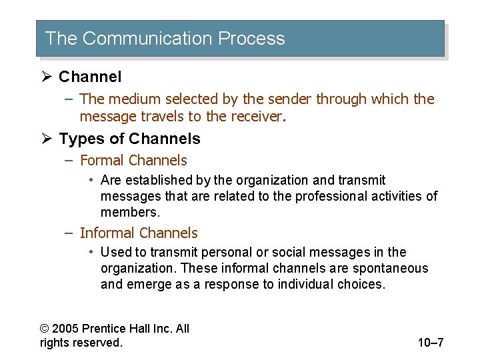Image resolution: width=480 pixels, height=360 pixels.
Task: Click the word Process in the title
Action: pyautogui.click(x=251, y=39)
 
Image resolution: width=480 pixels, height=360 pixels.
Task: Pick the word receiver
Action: pyautogui.click(x=259, y=117)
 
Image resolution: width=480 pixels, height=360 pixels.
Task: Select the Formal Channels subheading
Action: pyautogui.click(x=133, y=160)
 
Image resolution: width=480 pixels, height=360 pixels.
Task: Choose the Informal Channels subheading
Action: pyautogui.click(x=139, y=233)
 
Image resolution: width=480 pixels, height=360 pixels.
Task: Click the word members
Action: pyautogui.click(x=129, y=212)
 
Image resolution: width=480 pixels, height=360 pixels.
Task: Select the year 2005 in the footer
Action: pyautogui.click(x=65, y=328)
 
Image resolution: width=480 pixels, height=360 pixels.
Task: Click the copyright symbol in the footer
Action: pyautogui.click(x=44, y=328)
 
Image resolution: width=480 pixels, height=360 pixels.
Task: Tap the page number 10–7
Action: pyautogui.click(x=430, y=343)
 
